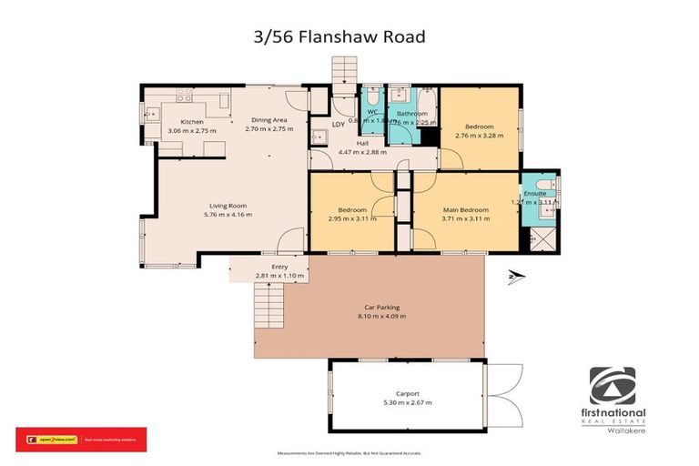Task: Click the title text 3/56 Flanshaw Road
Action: pyautogui.click(x=349, y=37)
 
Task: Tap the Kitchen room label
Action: pyautogui.click(x=191, y=122)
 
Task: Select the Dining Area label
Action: pyautogui.click(x=269, y=120)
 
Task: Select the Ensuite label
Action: pyautogui.click(x=535, y=194)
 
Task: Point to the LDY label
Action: pyautogui.click(x=338, y=124)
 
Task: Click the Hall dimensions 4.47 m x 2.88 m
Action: pyautogui.click(x=362, y=152)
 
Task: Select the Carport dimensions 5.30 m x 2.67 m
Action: pyautogui.click(x=407, y=401)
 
